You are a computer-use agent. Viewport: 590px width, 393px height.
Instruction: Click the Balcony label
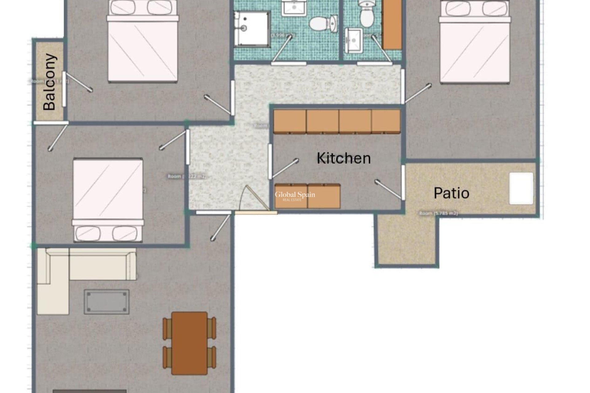tap(50, 82)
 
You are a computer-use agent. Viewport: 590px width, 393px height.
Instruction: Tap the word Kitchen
tap(344, 158)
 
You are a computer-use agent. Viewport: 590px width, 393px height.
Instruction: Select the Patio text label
tap(451, 193)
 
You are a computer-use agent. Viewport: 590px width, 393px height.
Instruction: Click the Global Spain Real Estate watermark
tap(295, 196)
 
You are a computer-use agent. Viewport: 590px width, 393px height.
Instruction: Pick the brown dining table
tap(189, 343)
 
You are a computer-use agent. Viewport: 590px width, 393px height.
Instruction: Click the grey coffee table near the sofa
tap(107, 302)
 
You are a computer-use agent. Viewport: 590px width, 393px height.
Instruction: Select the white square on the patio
tap(521, 188)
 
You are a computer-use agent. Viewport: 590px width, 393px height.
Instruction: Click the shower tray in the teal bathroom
tap(252, 29)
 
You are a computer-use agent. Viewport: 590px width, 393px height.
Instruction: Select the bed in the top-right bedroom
tap(474, 43)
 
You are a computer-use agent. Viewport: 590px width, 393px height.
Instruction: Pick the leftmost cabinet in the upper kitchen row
tap(290, 122)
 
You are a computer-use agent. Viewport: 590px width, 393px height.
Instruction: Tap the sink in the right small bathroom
tap(354, 40)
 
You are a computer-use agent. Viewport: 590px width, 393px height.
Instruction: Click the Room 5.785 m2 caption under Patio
tap(438, 213)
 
